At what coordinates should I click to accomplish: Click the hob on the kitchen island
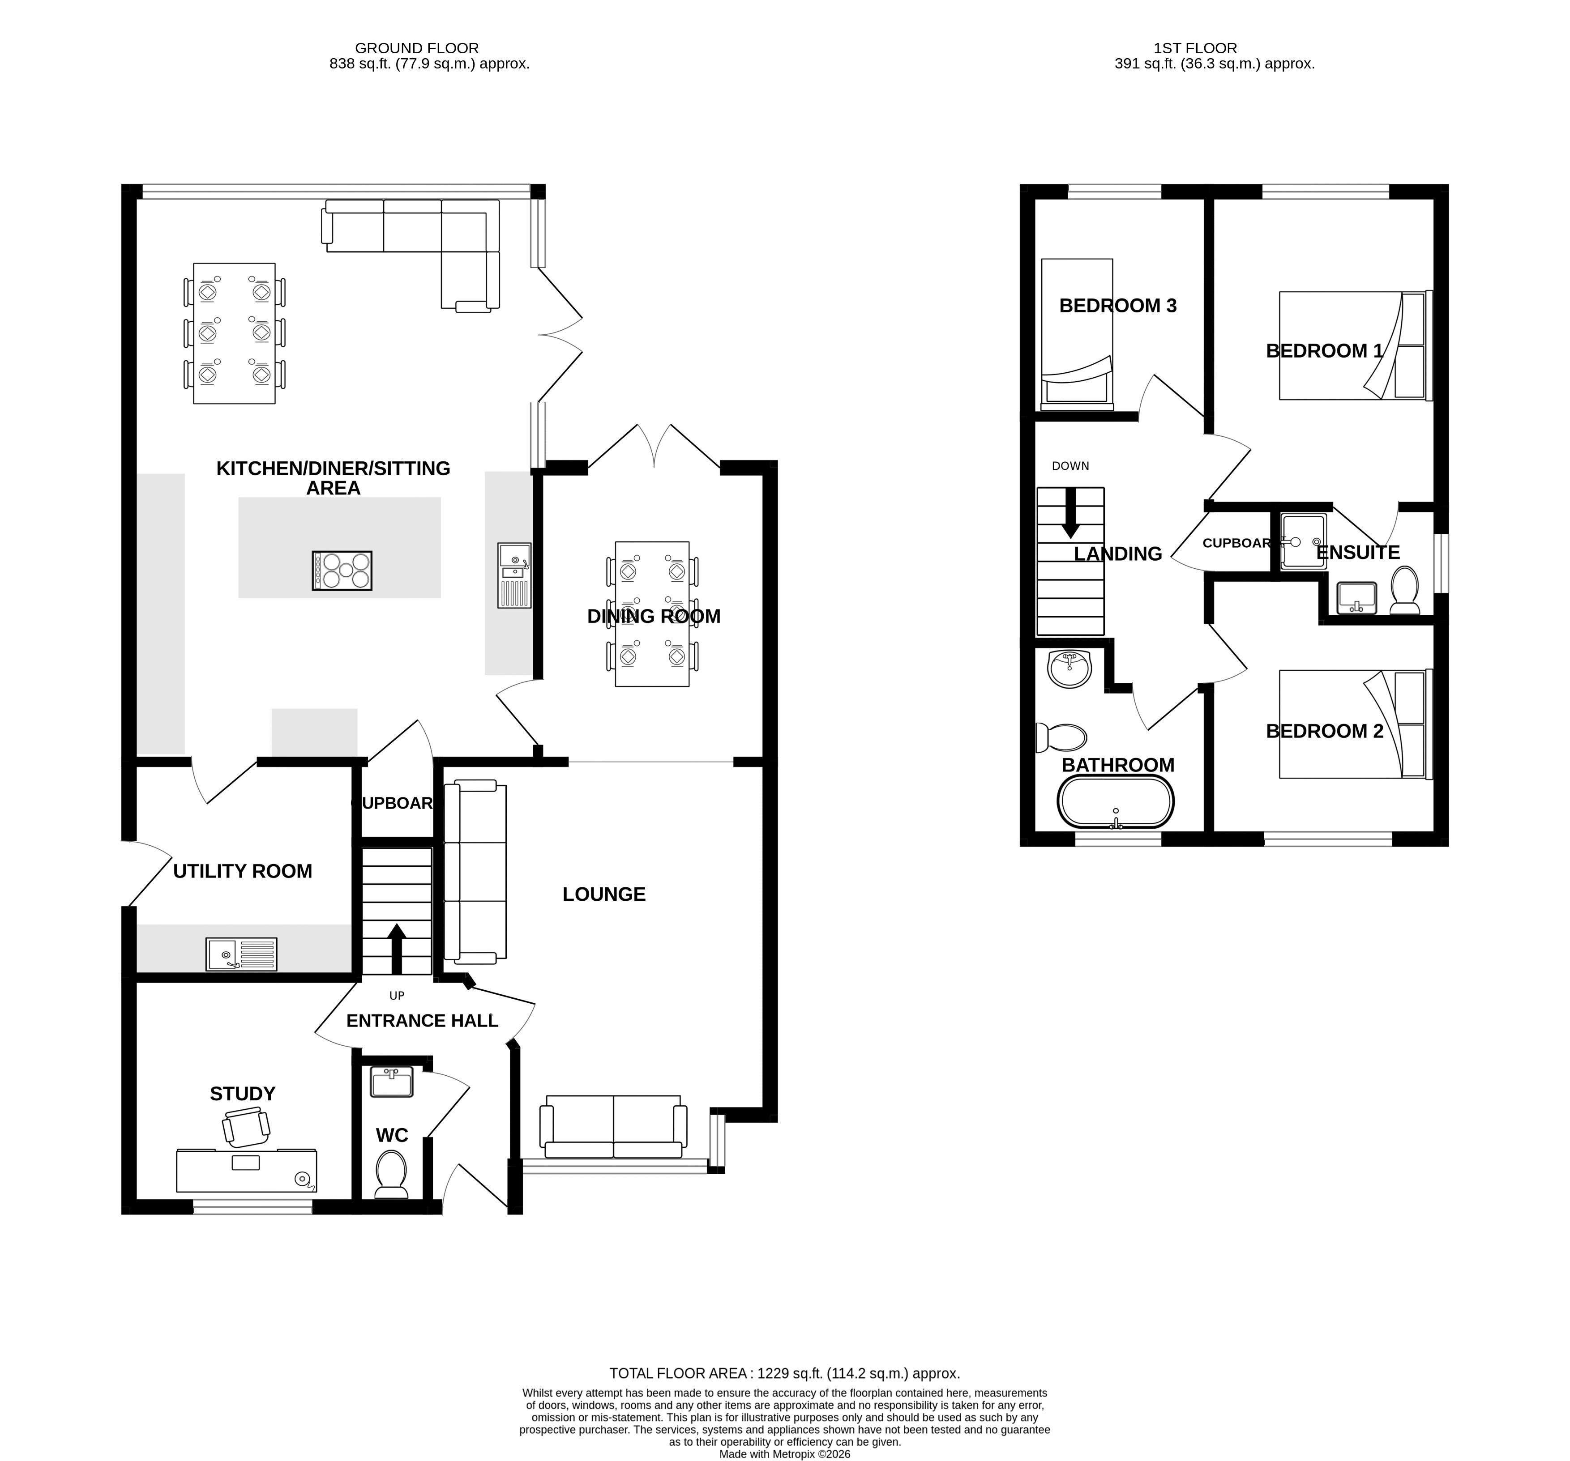pos(342,570)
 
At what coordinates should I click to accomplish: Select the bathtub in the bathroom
pos(1115,802)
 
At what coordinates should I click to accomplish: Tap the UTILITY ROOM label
pos(243,871)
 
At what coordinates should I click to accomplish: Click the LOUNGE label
pos(604,894)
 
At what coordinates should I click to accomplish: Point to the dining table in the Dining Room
pos(652,614)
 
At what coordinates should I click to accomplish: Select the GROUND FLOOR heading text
pos(416,48)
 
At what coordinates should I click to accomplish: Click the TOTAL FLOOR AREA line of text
pos(784,1373)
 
